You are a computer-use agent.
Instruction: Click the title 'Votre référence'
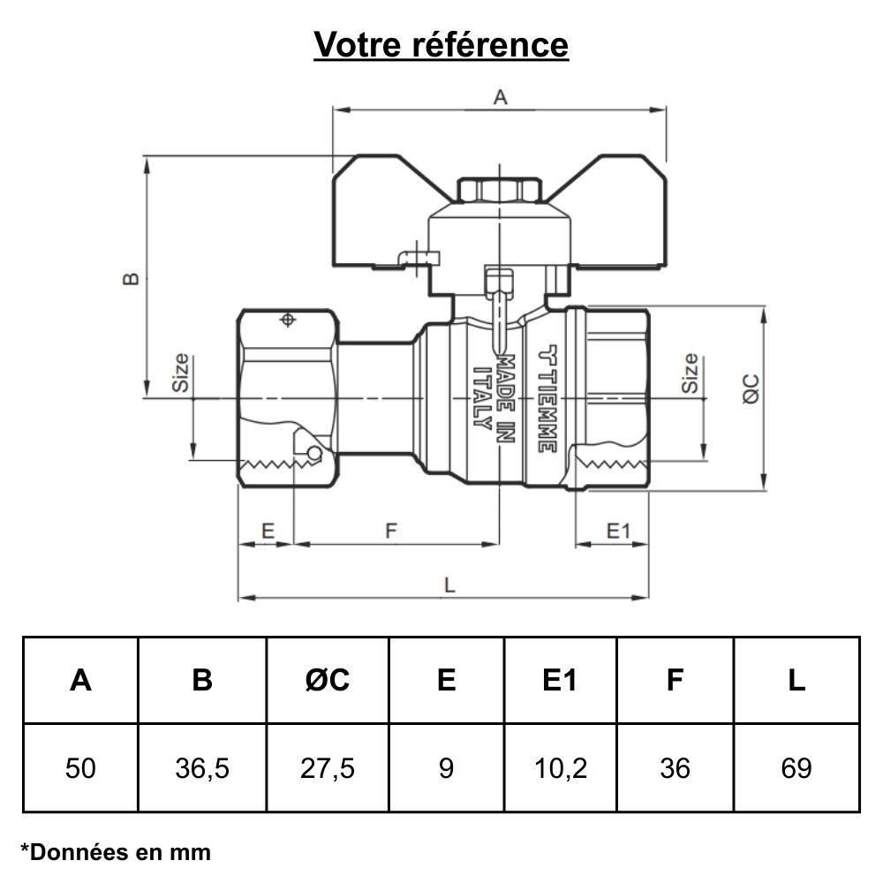tap(441, 44)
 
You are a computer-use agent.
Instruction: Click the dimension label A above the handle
tap(500, 98)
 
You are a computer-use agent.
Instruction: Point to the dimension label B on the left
tap(131, 278)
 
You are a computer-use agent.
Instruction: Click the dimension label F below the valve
tap(392, 531)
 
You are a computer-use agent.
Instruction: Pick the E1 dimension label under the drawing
tap(617, 531)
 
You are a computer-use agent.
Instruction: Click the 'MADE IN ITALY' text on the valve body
tap(494, 393)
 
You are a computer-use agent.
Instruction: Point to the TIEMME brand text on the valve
tap(547, 397)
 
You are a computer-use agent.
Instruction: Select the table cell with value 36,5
tap(202, 768)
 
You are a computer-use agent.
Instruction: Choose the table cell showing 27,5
tap(328, 768)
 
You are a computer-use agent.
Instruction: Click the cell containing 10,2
tap(560, 768)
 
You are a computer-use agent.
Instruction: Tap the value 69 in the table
tap(796, 768)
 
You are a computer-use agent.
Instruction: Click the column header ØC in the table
tap(328, 680)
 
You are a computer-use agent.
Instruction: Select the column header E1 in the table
tap(560, 680)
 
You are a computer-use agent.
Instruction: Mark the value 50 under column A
tap(80, 768)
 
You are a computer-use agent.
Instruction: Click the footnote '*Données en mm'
tap(116, 852)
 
